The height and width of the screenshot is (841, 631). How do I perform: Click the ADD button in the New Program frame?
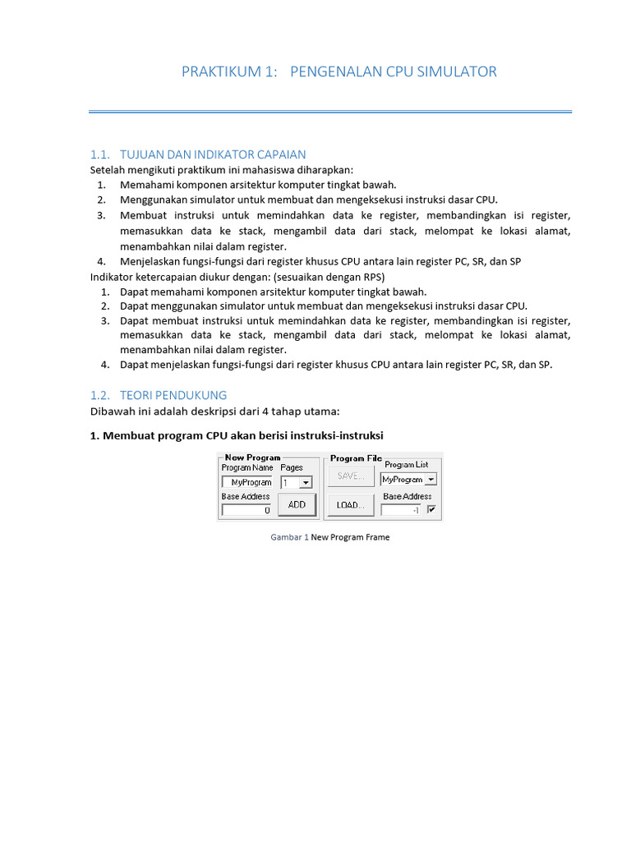(297, 505)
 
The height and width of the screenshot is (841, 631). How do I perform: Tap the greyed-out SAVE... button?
(351, 476)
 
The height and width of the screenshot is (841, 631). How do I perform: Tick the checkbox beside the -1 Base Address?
(432, 510)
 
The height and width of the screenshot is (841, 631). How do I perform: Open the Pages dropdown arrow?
(306, 483)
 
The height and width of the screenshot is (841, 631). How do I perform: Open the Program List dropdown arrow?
(431, 479)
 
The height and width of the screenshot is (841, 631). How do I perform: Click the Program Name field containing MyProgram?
(246, 483)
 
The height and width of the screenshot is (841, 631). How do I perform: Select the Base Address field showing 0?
(246, 510)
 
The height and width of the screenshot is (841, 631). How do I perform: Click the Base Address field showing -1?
(401, 510)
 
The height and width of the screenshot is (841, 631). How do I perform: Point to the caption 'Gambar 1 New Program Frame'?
(330, 537)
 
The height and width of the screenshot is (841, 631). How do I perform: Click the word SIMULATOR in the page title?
(456, 71)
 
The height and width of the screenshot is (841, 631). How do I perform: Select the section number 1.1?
(99, 154)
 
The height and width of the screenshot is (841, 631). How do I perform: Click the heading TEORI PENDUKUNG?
(173, 395)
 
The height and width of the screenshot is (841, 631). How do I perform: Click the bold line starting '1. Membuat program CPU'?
(237, 435)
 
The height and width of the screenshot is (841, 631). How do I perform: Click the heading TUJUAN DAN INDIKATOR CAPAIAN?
(213, 154)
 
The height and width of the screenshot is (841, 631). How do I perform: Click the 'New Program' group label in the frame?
(252, 457)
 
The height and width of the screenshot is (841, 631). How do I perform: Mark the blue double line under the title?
(330, 111)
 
